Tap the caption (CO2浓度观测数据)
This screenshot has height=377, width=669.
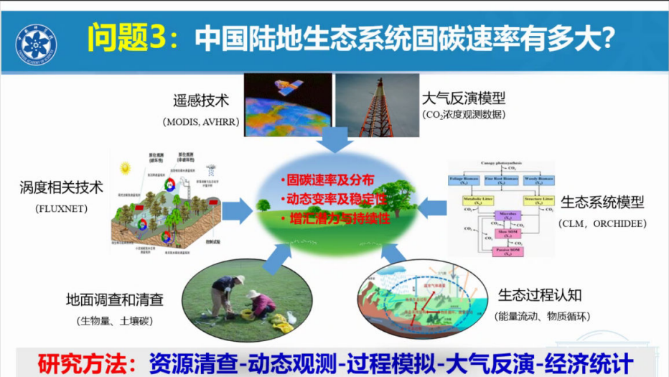pos(464,115)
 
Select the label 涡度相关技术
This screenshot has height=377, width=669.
pos(61,188)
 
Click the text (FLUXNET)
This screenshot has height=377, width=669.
pos(60,209)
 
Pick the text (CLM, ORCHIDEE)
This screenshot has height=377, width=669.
pos(602,223)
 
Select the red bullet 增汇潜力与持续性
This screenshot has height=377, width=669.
pos(334,218)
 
